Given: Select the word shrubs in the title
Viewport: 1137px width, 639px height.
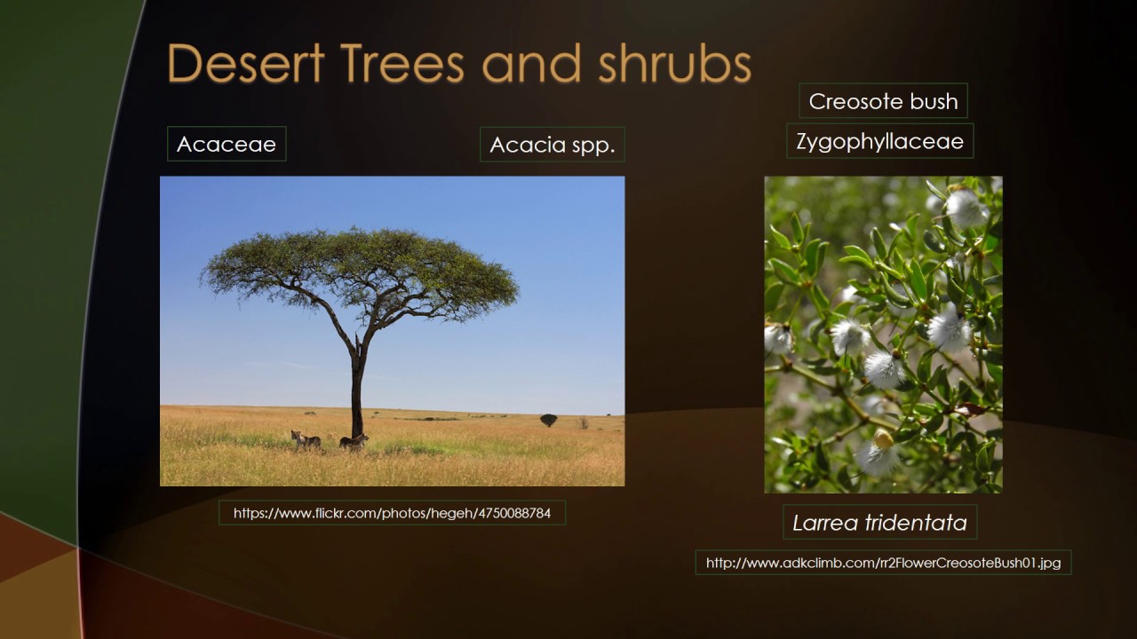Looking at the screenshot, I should click(x=674, y=65).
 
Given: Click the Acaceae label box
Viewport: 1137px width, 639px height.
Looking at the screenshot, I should click(x=227, y=144).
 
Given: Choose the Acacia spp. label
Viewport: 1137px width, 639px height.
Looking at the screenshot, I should click(x=552, y=145).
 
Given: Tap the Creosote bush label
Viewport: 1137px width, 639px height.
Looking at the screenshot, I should click(x=883, y=101).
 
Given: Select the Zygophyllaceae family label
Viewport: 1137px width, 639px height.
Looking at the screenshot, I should click(x=879, y=141).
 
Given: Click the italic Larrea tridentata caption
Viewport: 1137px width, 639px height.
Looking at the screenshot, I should click(x=879, y=523).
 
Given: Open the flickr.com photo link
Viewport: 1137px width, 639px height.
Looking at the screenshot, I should click(x=392, y=513).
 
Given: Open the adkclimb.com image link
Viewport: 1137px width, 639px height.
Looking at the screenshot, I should click(x=883, y=563).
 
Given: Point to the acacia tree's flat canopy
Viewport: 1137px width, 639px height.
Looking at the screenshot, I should click(x=360, y=266).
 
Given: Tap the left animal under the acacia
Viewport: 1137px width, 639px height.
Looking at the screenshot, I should click(x=306, y=440).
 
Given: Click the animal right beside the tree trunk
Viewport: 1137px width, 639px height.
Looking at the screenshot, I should click(x=353, y=441).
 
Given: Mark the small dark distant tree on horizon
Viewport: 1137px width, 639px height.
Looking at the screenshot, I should click(x=548, y=419).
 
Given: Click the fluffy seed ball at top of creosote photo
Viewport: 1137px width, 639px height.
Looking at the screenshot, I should click(x=964, y=208).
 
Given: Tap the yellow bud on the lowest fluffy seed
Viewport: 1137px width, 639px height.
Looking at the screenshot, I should click(x=883, y=438).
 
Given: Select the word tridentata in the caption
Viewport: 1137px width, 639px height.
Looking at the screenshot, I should click(x=919, y=523).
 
